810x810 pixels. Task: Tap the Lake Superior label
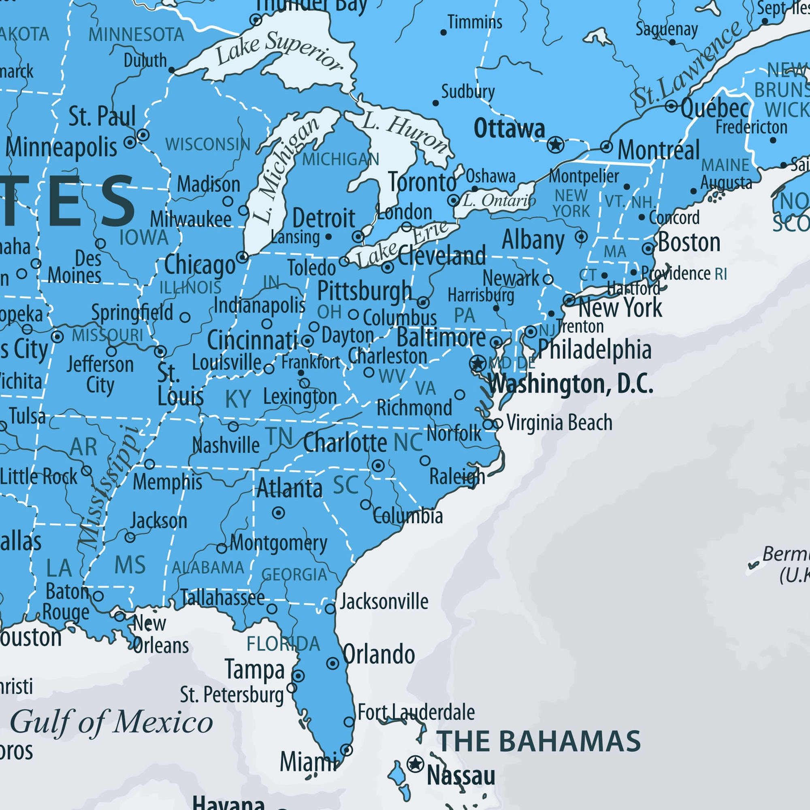point(279,51)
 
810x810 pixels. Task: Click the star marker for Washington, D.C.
point(477,363)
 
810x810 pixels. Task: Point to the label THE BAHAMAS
point(539,741)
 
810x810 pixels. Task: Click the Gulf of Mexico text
point(111,723)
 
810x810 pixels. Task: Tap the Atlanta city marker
point(278,512)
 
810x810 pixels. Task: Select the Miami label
point(308,761)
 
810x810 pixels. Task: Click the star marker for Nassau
point(415,764)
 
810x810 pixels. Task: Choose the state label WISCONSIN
point(207,144)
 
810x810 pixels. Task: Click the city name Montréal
point(658,150)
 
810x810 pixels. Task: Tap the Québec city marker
point(671,106)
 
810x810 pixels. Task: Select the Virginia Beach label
point(559,422)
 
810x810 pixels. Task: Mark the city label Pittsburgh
point(364,290)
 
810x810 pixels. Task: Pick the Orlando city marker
point(333,663)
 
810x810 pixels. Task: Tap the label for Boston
point(689,242)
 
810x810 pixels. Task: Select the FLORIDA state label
point(283,644)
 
